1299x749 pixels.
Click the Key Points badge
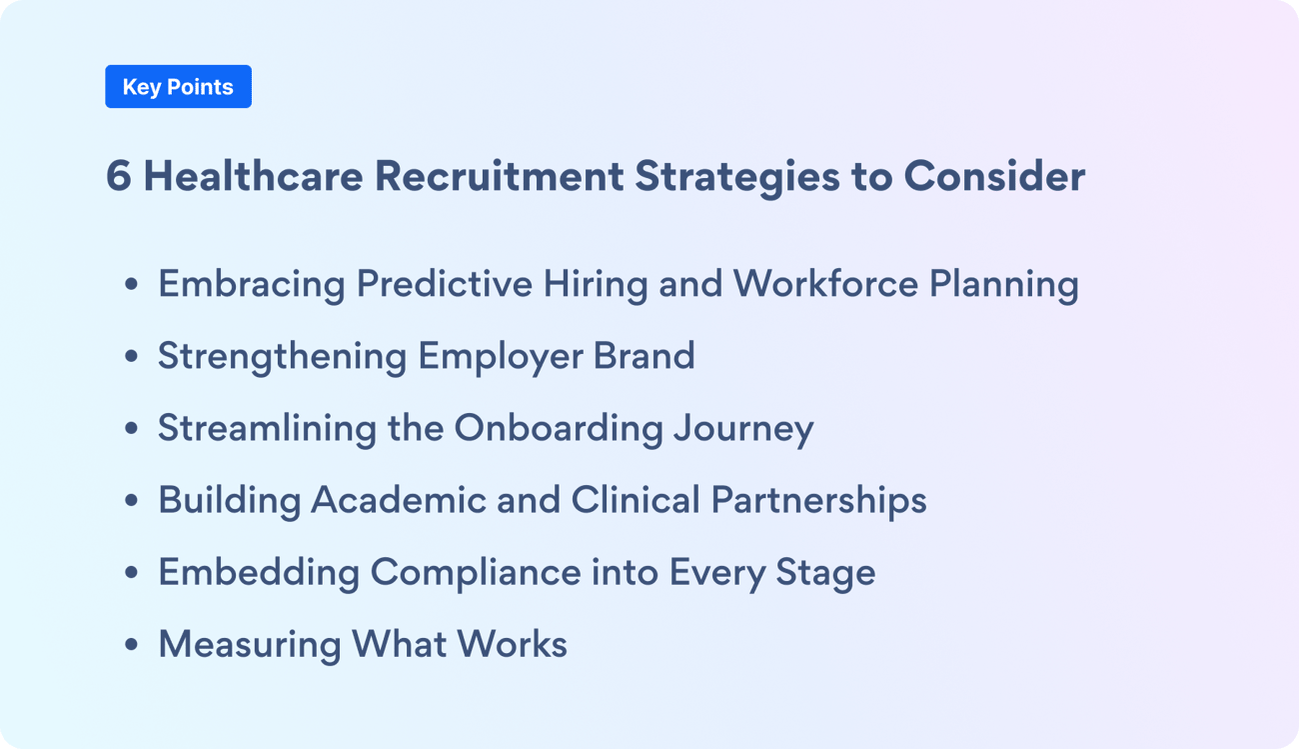178,87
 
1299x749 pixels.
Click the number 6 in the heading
118,177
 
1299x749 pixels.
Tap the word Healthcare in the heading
253,177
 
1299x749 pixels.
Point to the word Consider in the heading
994,177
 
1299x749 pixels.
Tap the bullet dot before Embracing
131,285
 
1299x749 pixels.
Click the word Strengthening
282,357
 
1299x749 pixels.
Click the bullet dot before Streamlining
131,429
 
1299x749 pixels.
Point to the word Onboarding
559,429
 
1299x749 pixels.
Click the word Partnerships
818,500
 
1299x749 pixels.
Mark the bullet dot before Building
131,501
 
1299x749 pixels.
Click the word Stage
823,573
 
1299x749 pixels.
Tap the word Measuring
249,644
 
